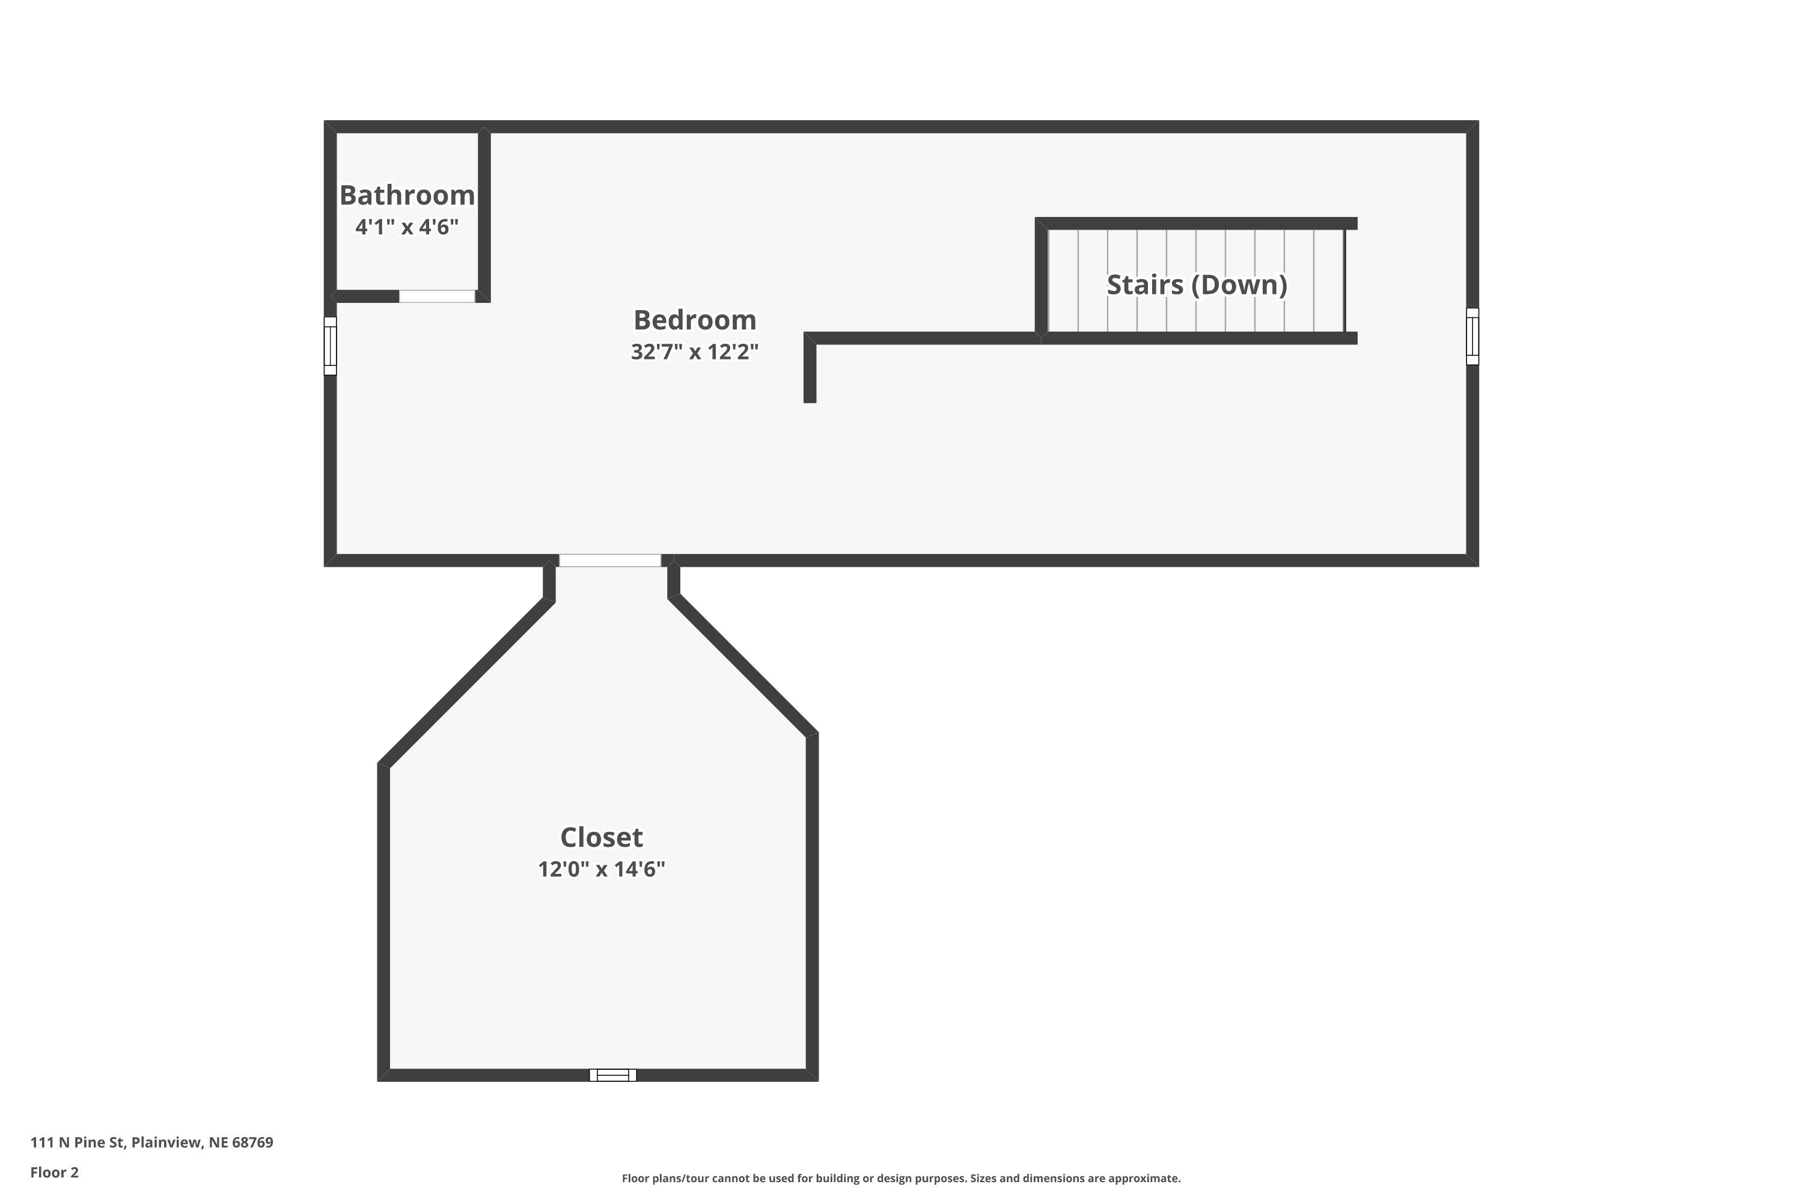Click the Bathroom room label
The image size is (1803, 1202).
click(406, 195)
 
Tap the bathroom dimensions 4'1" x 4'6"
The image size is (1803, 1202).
click(406, 227)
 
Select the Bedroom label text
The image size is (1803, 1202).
click(695, 320)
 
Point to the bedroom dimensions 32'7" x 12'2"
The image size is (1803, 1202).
click(695, 352)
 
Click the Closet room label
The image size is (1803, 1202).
click(601, 837)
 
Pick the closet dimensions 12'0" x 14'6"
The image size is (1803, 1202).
click(601, 869)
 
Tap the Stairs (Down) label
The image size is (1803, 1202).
click(1197, 284)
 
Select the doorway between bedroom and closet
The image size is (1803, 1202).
click(609, 560)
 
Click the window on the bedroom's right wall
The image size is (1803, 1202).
click(1472, 337)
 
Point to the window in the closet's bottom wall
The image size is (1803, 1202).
click(612, 1075)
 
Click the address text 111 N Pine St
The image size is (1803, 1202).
click(78, 1143)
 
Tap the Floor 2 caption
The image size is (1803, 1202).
click(55, 1172)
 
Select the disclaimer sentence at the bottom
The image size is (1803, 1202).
click(901, 1178)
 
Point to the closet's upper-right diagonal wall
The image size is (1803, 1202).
click(742, 665)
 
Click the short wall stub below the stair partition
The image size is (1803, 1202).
click(810, 373)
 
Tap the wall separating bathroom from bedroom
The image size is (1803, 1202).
click(484, 215)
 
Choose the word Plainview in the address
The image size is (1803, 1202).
click(166, 1143)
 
